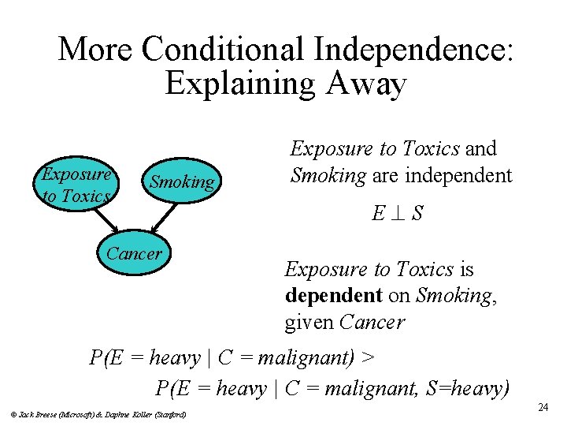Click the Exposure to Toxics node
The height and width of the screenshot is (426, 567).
76,185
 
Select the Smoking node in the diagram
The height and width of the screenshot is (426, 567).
182,182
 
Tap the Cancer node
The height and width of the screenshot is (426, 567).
133,254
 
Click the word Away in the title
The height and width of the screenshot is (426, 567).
365,84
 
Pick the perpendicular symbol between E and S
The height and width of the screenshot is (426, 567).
395,213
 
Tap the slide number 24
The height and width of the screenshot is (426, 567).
543,407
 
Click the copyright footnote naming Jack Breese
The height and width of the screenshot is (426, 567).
98,413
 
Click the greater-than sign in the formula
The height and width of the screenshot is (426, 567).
368,358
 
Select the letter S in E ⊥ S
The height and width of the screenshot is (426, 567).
417,213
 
